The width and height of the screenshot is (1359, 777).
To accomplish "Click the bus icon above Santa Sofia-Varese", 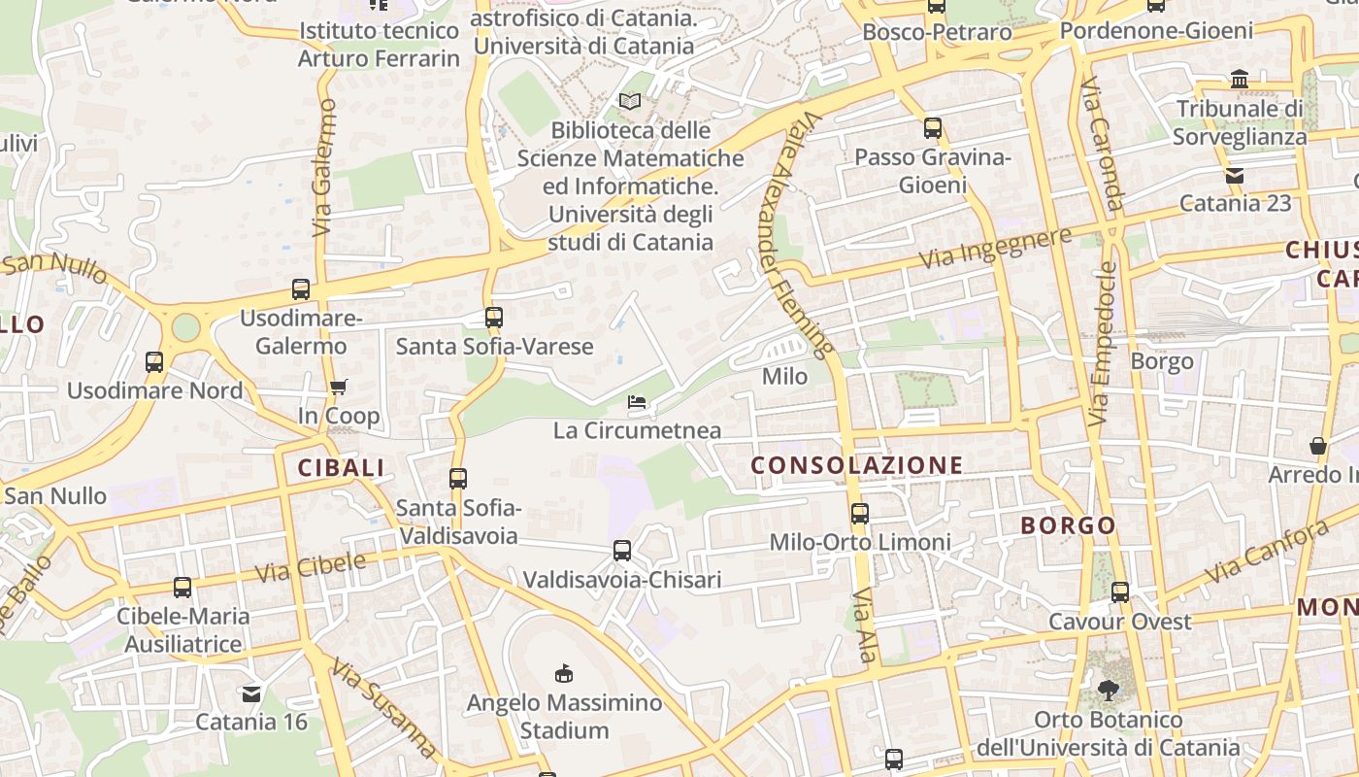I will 494,317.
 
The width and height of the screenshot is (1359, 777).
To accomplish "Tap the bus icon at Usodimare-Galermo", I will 301,288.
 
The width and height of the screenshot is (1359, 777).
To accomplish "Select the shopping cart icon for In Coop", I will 338,388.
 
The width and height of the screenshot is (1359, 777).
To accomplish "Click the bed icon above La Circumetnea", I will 637,401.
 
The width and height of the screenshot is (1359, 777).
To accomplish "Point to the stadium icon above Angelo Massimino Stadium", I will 563,673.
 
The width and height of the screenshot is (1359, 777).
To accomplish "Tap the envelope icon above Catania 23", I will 1235,176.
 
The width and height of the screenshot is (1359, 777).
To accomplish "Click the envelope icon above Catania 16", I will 251,693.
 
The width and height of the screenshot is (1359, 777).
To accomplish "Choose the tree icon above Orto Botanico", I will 1108,691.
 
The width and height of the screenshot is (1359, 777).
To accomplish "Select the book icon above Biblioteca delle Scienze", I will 630,101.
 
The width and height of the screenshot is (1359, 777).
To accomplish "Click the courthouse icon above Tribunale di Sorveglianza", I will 1239,79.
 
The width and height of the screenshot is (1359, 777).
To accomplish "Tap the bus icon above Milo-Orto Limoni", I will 860,513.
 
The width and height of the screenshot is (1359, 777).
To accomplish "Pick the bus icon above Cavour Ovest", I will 1120,591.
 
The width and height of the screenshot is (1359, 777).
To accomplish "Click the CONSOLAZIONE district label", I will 857,465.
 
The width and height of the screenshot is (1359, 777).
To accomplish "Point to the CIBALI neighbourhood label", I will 341,467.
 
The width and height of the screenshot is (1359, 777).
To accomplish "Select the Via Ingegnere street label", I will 995,247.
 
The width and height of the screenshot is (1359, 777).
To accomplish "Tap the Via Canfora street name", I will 1266,552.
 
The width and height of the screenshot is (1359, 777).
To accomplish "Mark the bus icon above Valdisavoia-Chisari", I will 622,551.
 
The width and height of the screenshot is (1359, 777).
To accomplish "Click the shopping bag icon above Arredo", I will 1318,446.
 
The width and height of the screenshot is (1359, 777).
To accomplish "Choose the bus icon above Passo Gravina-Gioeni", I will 933,128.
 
